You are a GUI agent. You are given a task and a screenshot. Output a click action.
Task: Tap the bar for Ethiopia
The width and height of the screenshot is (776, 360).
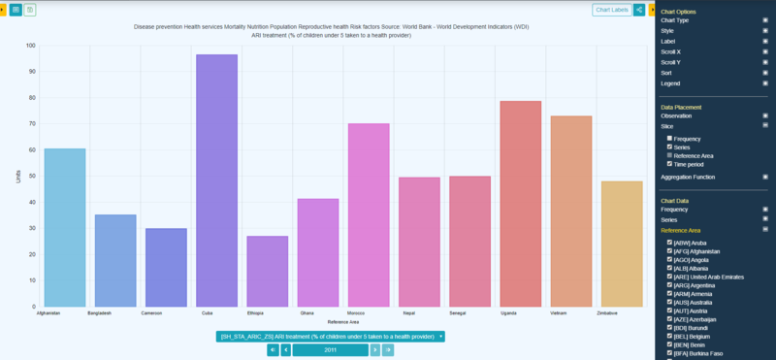point(267,271)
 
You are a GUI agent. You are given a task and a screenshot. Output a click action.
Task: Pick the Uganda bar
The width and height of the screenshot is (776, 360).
point(520,204)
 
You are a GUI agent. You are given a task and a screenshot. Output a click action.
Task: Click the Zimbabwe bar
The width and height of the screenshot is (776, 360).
point(622,244)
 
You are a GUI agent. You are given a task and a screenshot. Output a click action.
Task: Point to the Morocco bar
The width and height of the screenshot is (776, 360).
point(369,214)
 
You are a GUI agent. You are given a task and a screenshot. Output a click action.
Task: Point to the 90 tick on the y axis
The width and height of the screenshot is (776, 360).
point(31,72)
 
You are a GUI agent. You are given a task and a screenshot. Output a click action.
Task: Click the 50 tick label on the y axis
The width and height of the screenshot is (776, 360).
point(31,177)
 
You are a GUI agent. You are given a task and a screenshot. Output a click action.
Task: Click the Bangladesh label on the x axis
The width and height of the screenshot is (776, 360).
point(99,313)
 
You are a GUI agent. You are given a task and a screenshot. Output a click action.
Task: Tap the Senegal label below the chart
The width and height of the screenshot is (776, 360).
point(469,313)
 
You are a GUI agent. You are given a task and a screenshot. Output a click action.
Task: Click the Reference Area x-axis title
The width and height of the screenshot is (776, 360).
point(343,321)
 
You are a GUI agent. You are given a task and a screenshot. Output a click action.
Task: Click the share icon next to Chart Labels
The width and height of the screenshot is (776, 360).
point(640,10)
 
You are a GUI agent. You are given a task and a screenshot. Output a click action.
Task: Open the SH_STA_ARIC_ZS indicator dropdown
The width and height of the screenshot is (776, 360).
point(331,337)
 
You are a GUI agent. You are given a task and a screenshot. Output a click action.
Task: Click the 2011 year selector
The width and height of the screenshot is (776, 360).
point(330,349)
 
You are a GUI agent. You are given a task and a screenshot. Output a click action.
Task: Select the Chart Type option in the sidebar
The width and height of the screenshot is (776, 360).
point(675,19)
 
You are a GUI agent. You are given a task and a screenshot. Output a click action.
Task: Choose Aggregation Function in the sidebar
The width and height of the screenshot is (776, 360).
point(694,177)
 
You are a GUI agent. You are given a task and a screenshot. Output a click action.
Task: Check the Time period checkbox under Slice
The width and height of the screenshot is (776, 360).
point(670,163)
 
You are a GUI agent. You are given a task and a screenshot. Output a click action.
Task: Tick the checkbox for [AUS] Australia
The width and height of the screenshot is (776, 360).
point(670,303)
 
